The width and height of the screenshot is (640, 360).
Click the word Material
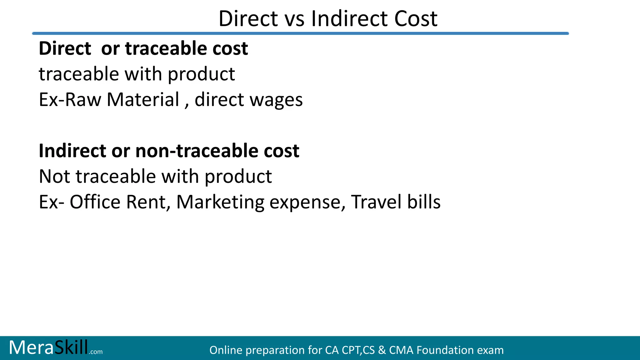click(143, 100)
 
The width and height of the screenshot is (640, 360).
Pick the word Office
click(95, 202)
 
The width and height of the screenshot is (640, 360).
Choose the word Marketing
click(220, 202)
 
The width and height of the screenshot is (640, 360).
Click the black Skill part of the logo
click(71, 347)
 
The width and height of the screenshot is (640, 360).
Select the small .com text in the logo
click(96, 352)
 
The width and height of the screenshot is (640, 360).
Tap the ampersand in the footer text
click(382, 350)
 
